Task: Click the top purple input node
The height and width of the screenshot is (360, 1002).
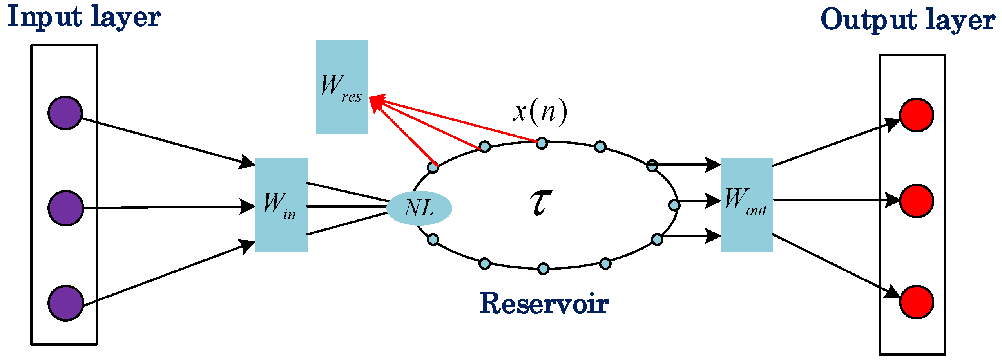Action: click(x=65, y=113)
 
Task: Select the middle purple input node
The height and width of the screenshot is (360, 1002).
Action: click(x=66, y=208)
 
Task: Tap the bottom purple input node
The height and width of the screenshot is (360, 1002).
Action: click(x=66, y=303)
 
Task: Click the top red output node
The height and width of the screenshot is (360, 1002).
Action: click(x=916, y=115)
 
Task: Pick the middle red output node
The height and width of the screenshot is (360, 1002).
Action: click(x=916, y=201)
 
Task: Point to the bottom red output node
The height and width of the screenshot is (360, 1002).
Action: click(x=916, y=302)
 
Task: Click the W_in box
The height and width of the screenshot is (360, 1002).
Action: click(x=281, y=204)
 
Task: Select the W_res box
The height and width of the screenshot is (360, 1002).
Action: click(x=342, y=87)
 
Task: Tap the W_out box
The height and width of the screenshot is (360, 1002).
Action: click(x=746, y=205)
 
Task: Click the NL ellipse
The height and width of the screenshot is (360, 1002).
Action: click(x=419, y=208)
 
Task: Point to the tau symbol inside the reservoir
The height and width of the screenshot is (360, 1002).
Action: click(x=540, y=203)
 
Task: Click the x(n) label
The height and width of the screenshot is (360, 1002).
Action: click(x=540, y=112)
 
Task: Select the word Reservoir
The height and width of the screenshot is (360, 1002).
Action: click(x=544, y=304)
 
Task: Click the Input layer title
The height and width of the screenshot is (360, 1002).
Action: click(x=84, y=18)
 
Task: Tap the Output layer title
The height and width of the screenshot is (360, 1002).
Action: click(x=908, y=20)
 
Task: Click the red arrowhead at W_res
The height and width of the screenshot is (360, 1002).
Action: click(x=376, y=102)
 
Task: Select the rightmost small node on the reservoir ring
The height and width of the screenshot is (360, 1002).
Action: click(x=674, y=205)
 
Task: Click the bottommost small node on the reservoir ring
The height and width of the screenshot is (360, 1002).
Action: click(x=543, y=268)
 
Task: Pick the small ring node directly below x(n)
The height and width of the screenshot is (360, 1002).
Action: click(x=542, y=143)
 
